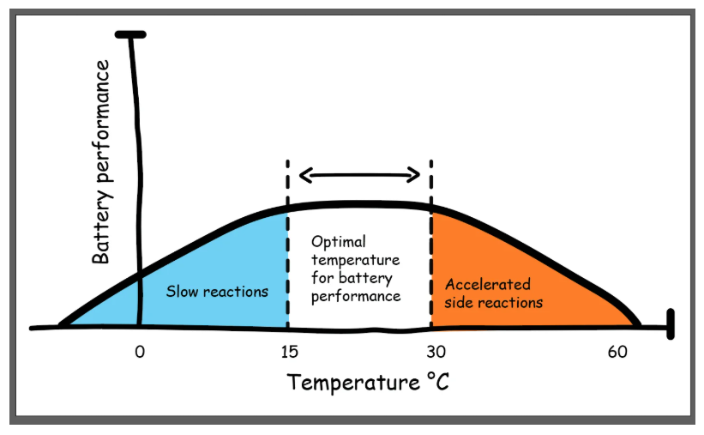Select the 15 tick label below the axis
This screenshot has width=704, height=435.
click(x=287, y=351)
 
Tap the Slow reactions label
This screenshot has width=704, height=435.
click(x=217, y=292)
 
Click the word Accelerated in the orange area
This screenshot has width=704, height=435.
click(x=488, y=285)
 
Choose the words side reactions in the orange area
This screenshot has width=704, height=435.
click(x=494, y=303)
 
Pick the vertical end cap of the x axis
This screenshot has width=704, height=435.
click(x=669, y=323)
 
